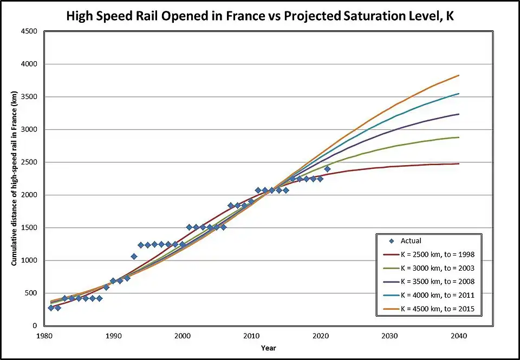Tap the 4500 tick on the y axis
29,31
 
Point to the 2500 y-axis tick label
29,162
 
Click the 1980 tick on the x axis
44,336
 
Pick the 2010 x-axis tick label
251,336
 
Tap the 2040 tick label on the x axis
459,336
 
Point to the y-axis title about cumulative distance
14,179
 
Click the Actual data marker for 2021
327,169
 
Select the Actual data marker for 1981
51,307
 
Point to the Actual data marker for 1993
134,257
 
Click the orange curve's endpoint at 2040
459,75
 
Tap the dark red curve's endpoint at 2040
459,163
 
